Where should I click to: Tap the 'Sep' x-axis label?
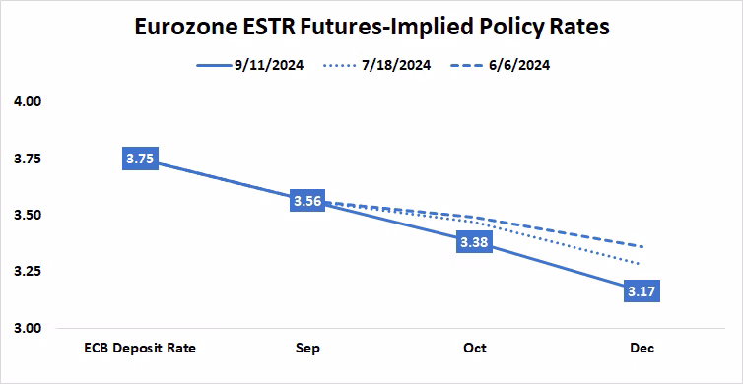pyautogui.click(x=306, y=349)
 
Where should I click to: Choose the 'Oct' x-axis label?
pyautogui.click(x=474, y=349)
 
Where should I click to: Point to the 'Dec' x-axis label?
pyautogui.click(x=642, y=349)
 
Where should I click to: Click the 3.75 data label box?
pyautogui.click(x=140, y=159)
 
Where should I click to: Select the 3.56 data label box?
pyautogui.click(x=307, y=201)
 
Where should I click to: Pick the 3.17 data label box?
pyautogui.click(x=642, y=290)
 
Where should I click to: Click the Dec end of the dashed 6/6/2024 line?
pyautogui.click(x=642, y=246)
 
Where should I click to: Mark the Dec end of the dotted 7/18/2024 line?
pyautogui.click(x=642, y=265)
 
